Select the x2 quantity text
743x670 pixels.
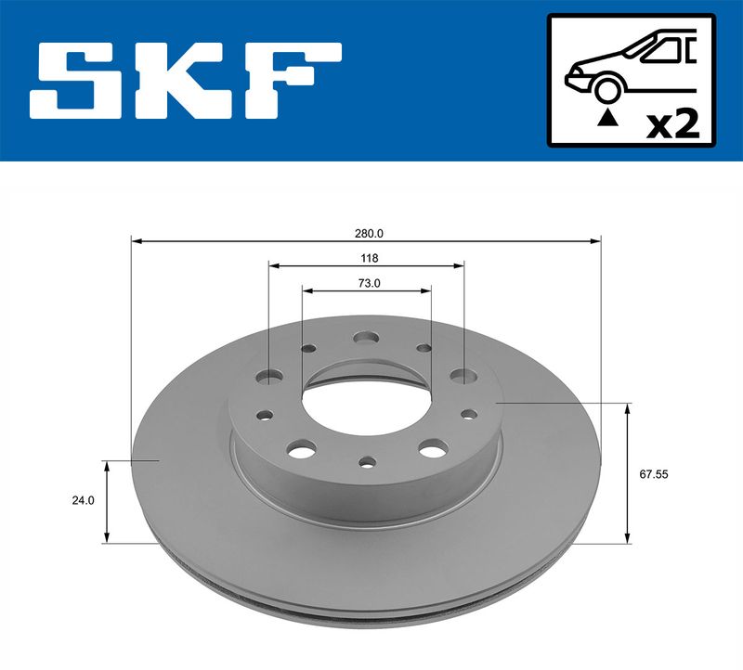(672, 123)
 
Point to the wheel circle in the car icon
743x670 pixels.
(607, 89)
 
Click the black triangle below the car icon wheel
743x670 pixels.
(607, 117)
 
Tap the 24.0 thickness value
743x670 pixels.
(83, 500)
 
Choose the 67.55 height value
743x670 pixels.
(654, 473)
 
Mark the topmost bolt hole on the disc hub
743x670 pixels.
(366, 338)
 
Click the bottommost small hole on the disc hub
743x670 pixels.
(368, 460)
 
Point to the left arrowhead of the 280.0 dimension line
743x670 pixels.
(136, 241)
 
